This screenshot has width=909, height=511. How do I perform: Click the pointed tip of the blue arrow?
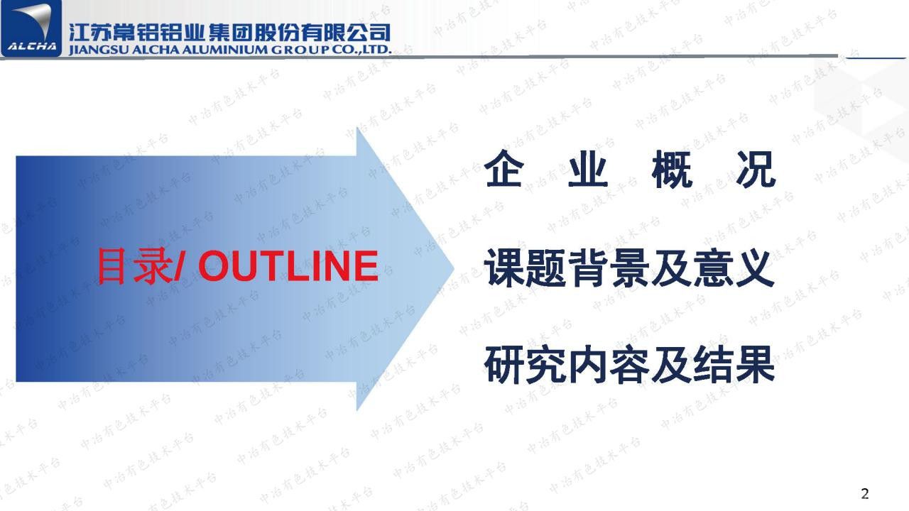tap(452, 268)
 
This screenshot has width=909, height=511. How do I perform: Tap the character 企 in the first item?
tap(504, 170)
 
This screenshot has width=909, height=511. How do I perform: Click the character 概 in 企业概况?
tap(671, 170)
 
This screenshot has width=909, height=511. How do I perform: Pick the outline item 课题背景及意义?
tap(629, 270)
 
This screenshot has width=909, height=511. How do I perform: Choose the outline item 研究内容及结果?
tap(629, 366)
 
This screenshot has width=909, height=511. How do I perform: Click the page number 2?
tap(864, 494)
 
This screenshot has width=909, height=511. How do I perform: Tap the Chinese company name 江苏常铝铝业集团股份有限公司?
tap(230, 32)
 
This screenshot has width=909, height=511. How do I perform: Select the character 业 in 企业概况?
tap(588, 170)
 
